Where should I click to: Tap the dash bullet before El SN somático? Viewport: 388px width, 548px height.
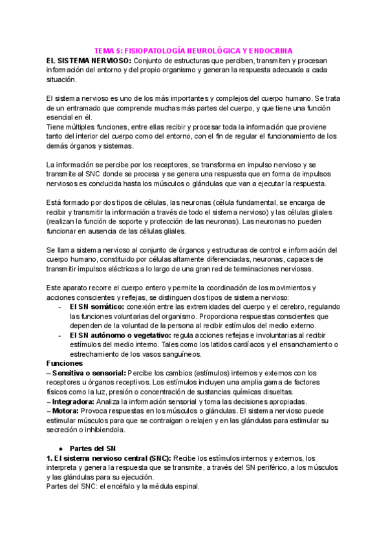click(x=60, y=306)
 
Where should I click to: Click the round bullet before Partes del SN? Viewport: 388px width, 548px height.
click(x=60, y=448)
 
